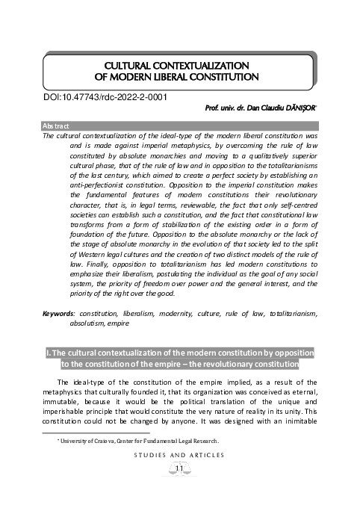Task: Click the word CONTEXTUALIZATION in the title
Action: click(x=206, y=65)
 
